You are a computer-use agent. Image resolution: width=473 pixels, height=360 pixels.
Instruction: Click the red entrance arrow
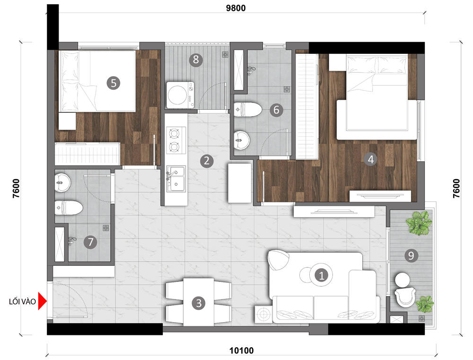coord(42,301)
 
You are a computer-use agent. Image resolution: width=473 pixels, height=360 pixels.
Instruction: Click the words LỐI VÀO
coord(22,301)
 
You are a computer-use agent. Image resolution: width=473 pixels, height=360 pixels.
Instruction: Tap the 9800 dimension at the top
coord(236,8)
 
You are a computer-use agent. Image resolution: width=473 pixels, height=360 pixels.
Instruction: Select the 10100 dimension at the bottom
coord(241,351)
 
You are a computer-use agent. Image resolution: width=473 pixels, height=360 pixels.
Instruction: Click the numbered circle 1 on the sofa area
coord(321,275)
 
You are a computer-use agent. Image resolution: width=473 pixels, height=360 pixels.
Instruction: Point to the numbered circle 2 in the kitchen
coord(207,160)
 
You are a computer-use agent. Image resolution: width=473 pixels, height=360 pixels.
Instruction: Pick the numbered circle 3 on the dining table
coord(199,303)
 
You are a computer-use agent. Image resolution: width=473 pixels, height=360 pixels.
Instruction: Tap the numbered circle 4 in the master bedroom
coord(371,159)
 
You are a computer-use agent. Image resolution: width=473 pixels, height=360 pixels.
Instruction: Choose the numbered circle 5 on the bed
coord(114,83)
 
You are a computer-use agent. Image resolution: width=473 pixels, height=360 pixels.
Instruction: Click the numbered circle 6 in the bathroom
coord(276,110)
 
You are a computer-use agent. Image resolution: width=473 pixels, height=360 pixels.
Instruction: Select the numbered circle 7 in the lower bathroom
coord(90,242)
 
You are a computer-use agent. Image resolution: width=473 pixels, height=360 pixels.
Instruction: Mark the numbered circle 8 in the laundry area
coord(196,60)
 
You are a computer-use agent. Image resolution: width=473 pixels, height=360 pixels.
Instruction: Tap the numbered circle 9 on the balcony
coord(411,255)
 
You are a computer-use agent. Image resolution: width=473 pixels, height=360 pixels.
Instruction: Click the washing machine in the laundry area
coord(180,95)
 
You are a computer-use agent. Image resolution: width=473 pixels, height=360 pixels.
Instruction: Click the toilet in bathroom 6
coord(248,110)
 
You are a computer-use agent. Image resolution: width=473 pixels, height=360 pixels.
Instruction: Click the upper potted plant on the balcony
coord(419,223)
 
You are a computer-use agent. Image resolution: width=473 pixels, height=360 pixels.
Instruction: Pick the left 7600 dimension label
coord(16,188)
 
